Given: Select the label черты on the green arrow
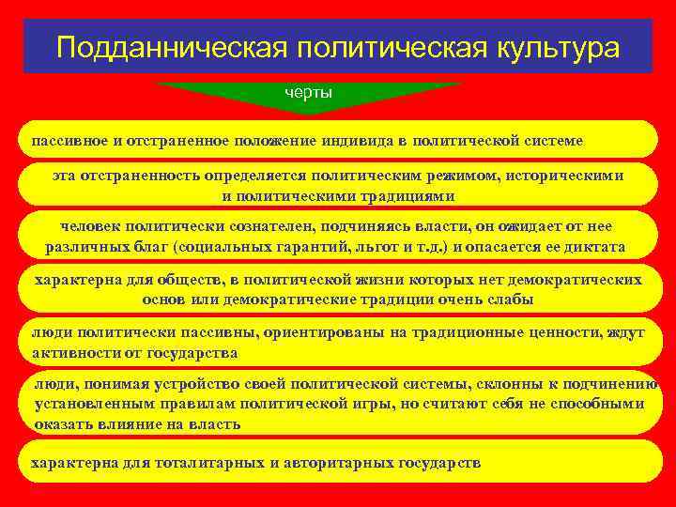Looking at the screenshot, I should pos(309,93).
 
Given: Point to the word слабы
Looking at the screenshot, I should pos(513,300).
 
